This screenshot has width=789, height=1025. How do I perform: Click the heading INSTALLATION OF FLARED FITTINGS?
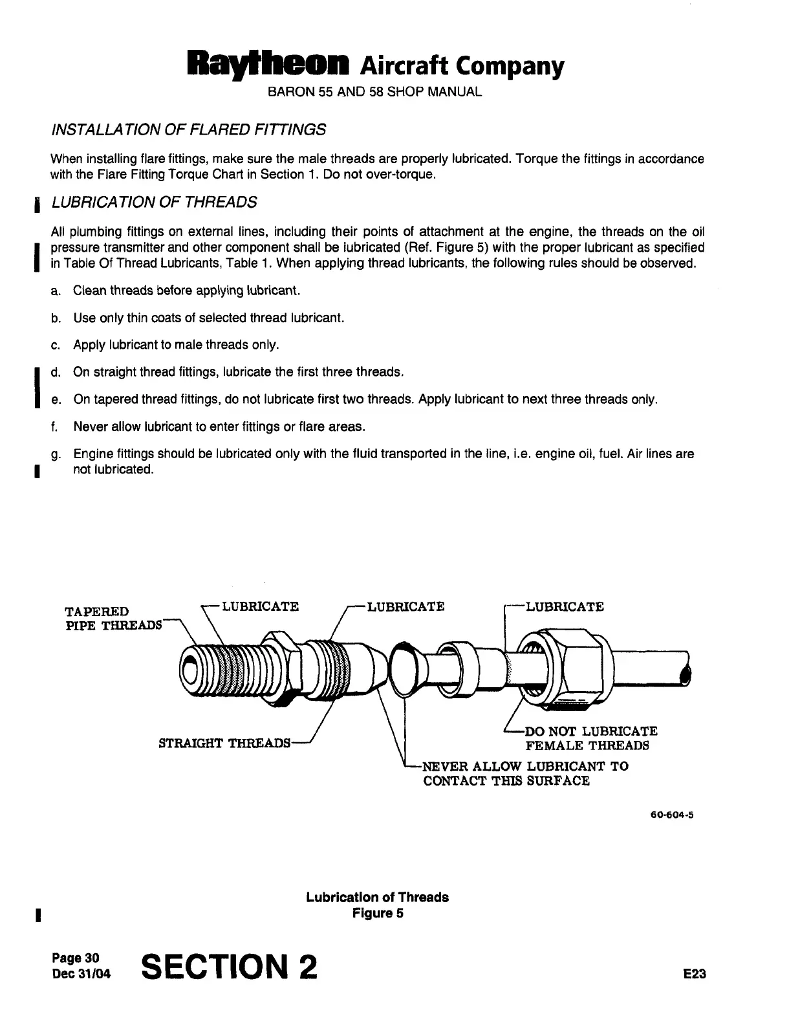tap(188, 129)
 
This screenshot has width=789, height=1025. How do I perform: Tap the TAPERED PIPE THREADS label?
tap(113, 618)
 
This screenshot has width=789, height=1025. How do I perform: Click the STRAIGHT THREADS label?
tap(224, 743)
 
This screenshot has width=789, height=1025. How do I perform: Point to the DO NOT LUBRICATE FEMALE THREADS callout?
tap(590, 738)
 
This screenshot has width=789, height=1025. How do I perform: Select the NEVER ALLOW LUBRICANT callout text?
tap(524, 773)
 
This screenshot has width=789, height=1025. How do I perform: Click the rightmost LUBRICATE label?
tap(565, 607)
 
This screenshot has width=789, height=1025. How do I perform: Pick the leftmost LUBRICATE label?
tap(260, 607)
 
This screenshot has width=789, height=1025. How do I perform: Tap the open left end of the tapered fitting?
tap(193, 669)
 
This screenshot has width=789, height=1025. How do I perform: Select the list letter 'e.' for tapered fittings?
tap(56, 400)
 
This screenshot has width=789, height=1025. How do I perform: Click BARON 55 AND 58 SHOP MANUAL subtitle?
tap(374, 92)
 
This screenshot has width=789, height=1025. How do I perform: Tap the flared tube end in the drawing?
tap(404, 667)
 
